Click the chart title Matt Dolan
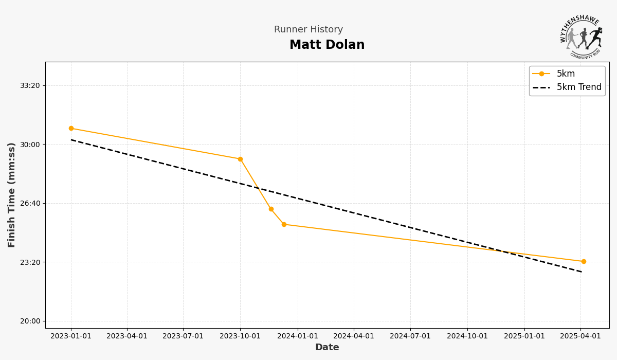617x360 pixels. point(327,45)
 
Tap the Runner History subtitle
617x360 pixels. point(308,30)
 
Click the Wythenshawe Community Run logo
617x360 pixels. point(581,37)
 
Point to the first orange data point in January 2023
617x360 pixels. point(71,129)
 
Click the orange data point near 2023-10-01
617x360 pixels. point(240,159)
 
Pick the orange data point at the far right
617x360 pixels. point(584,262)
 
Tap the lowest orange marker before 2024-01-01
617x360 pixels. point(284,225)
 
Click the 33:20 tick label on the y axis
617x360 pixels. point(30,86)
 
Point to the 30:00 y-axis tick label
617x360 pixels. point(30,145)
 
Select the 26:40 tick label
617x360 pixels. point(30,204)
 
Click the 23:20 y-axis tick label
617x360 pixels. point(30,262)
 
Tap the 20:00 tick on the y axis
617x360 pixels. point(30,321)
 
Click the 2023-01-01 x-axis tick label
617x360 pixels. point(71,336)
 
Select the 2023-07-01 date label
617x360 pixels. point(183,336)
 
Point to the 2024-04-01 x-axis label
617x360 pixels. point(354,336)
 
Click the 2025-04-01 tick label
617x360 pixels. point(580,336)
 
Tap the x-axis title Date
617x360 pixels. point(327,348)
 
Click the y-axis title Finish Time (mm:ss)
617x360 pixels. point(12,195)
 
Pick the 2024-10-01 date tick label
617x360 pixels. point(467,336)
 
